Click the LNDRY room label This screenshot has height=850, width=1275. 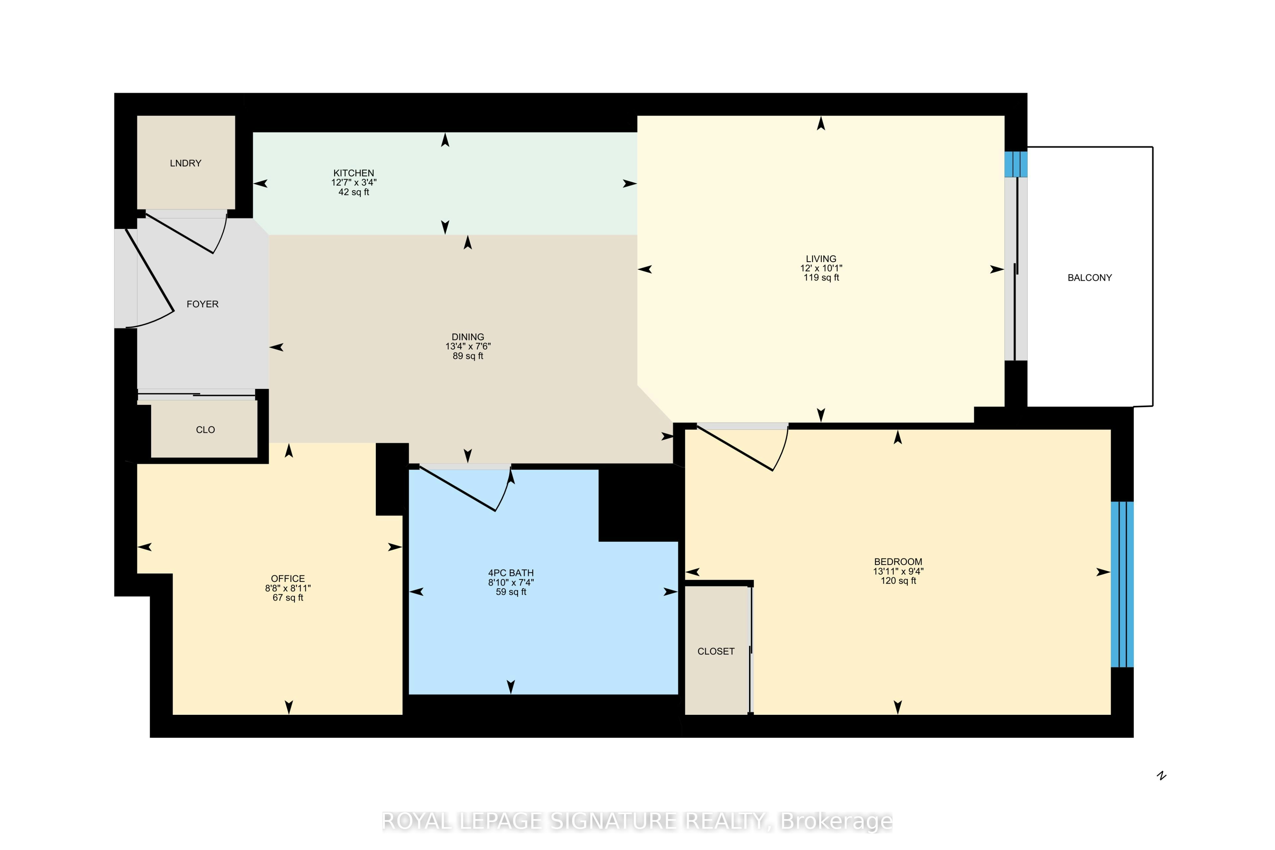185,163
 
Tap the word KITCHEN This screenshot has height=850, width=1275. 353,173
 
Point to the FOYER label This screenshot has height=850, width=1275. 203,304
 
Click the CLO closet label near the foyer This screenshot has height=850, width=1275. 206,430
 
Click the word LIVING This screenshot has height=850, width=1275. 821,259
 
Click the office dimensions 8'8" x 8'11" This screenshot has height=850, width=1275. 288,588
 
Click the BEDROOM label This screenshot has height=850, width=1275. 898,562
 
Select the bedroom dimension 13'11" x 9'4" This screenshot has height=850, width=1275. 898,571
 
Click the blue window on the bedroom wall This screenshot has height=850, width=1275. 1122,584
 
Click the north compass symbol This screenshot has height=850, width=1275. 1161,776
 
